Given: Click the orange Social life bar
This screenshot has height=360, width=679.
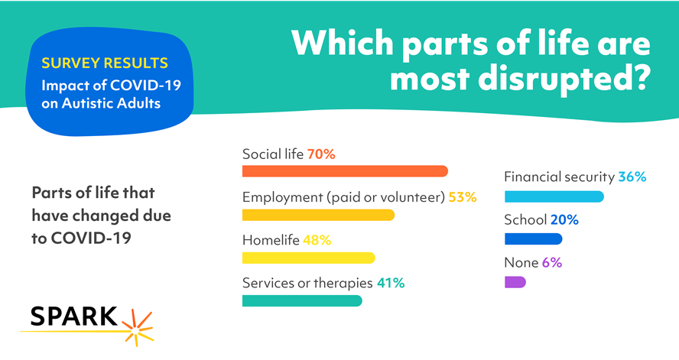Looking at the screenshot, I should tap(344, 171).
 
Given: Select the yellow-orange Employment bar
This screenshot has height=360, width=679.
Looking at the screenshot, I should tap(318, 215).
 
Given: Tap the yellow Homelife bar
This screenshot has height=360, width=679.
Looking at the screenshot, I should tap(308, 258).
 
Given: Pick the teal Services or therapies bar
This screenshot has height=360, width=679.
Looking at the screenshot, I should tap(302, 300).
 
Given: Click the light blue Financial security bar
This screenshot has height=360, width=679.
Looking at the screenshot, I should tap(554, 196).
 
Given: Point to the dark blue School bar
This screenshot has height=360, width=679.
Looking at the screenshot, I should tap(533, 239).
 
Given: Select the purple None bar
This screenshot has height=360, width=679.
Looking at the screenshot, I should tap(515, 282).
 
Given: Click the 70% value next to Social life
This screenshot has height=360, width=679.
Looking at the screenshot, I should tap(321, 154).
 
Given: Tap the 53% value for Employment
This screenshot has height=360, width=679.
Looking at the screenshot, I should tap(462, 197).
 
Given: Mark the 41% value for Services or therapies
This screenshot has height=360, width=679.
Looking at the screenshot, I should tap(390, 283).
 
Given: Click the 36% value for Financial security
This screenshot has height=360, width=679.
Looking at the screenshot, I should tap(632, 177).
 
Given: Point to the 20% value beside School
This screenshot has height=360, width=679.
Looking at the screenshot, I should tap(564, 220).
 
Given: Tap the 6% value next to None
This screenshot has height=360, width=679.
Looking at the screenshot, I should tap(552, 263).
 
